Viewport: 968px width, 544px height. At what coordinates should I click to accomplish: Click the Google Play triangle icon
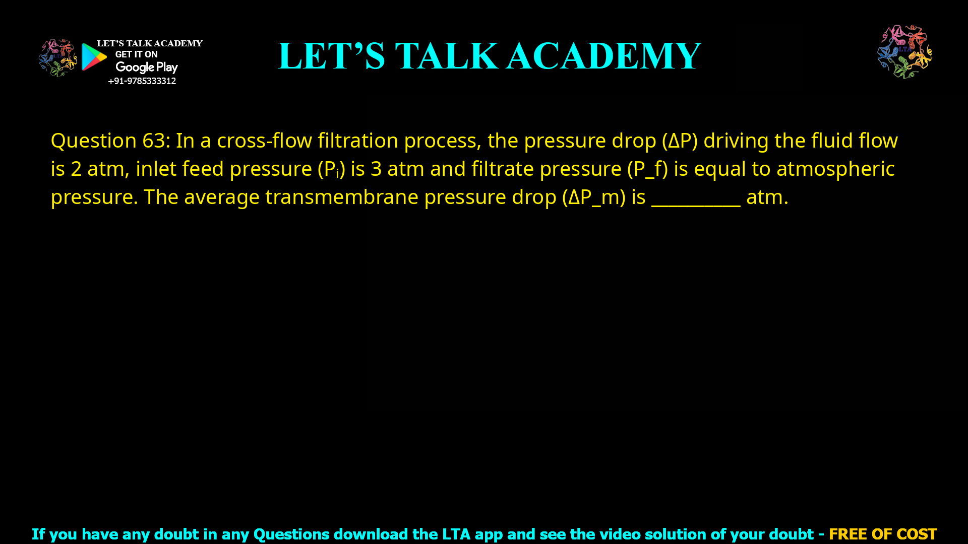(x=94, y=57)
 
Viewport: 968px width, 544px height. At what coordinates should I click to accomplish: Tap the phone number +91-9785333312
(x=142, y=81)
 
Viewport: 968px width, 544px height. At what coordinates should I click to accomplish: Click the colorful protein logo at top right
(x=904, y=51)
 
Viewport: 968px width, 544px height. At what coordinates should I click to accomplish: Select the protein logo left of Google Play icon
(x=58, y=57)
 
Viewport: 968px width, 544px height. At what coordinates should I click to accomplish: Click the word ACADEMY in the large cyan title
(x=603, y=56)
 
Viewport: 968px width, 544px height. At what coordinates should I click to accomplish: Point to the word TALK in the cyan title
(x=446, y=56)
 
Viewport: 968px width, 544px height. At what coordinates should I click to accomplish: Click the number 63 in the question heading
(x=153, y=141)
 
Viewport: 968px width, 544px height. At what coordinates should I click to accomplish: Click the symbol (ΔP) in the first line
(x=680, y=141)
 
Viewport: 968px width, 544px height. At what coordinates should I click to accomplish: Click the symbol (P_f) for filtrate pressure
(x=647, y=169)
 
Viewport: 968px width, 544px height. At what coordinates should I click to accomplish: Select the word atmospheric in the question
(x=835, y=169)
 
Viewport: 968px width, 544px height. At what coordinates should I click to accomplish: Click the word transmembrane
(x=341, y=197)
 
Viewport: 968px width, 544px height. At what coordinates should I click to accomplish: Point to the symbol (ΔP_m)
(x=594, y=197)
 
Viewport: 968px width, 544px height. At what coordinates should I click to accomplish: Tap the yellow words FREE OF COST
(x=883, y=534)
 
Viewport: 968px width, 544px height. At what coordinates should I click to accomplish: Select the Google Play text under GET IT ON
(x=147, y=67)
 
